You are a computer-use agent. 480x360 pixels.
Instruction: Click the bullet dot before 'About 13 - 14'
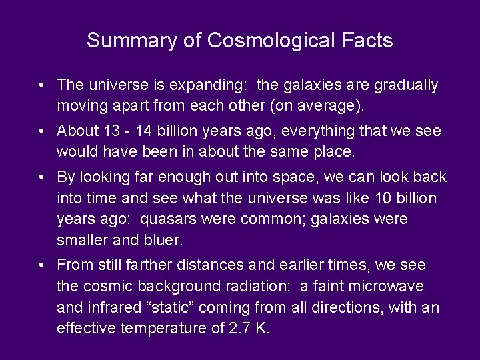[42, 131]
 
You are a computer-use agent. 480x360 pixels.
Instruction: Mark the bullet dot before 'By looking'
[42, 177]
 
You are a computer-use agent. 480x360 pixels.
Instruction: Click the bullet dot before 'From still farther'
[42, 265]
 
